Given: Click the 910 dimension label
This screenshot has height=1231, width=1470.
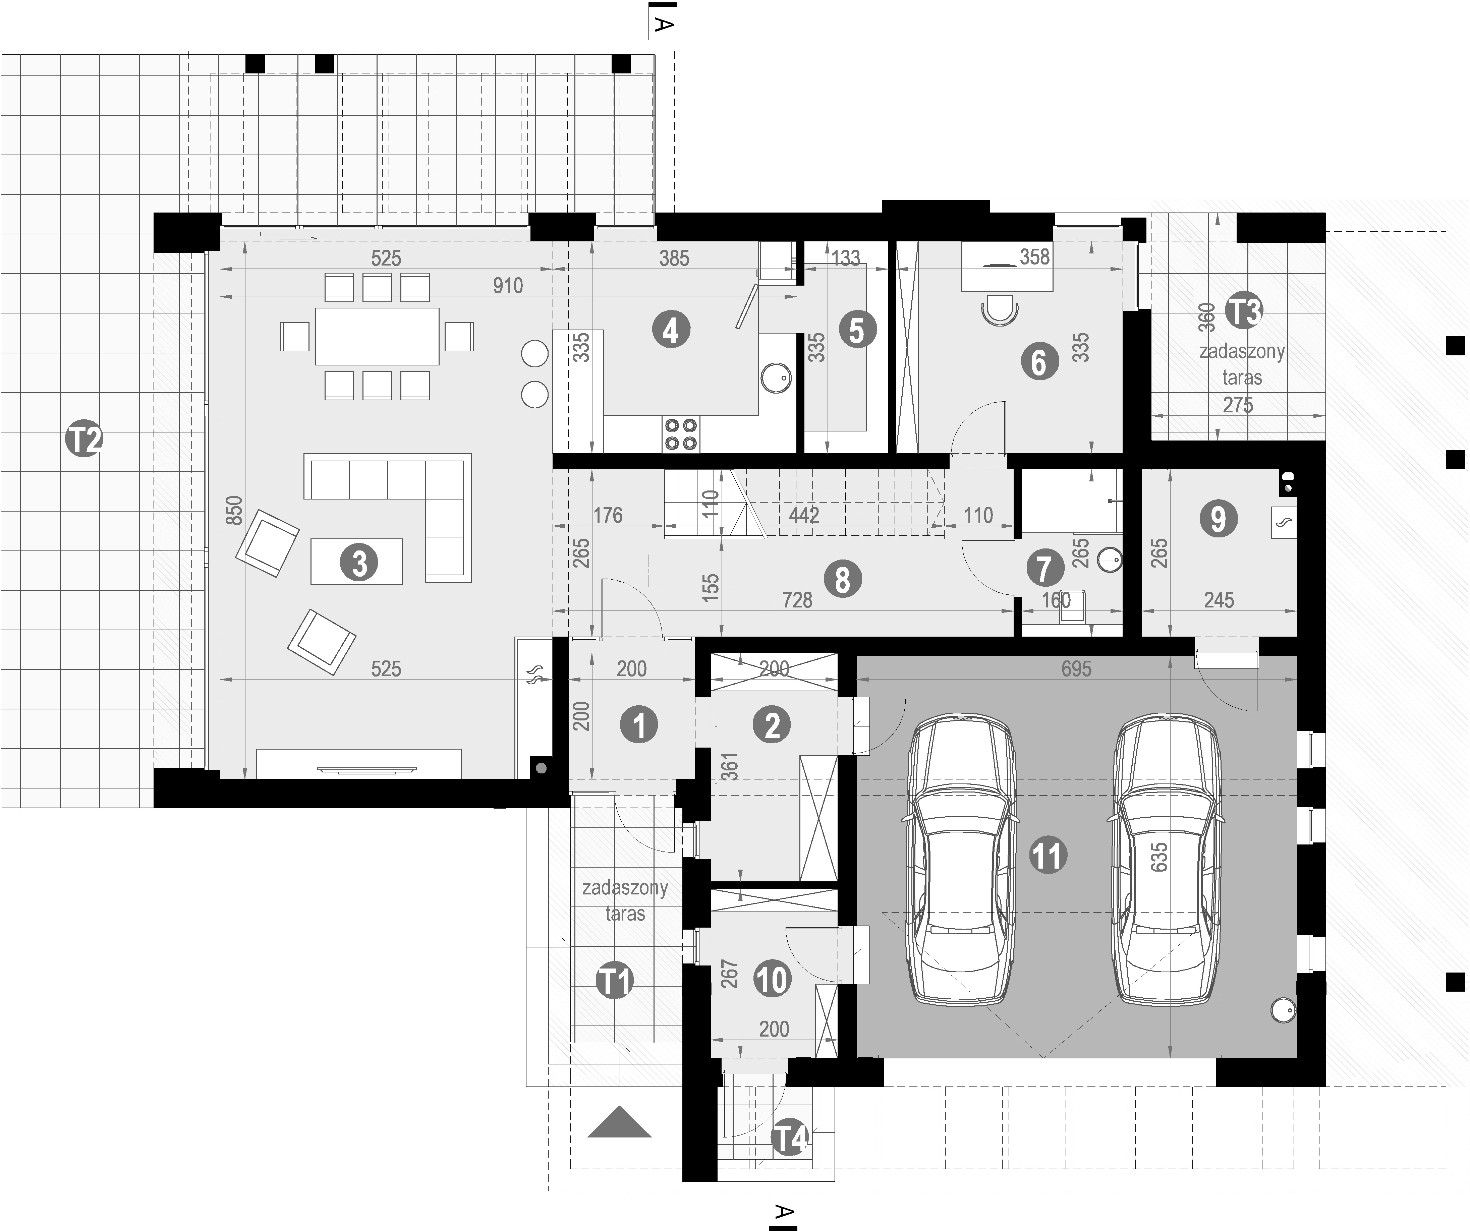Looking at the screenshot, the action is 508,286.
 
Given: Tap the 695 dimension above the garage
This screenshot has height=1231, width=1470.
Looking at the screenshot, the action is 1076,668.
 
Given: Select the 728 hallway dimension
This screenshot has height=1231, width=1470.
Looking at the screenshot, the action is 797,600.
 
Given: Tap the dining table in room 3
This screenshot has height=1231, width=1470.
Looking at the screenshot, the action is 377,336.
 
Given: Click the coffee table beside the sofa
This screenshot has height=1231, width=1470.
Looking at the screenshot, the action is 356,561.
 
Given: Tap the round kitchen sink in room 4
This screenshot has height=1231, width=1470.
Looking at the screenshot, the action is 776,378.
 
